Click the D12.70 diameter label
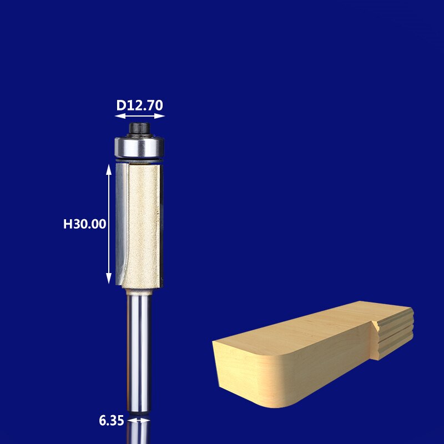[139, 105]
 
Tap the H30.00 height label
[84, 224]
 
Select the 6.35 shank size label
[111, 421]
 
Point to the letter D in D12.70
[120, 105]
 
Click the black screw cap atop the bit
[139, 129]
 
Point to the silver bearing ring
[139, 147]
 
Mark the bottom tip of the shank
[139, 411]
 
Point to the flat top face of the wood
[311, 327]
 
